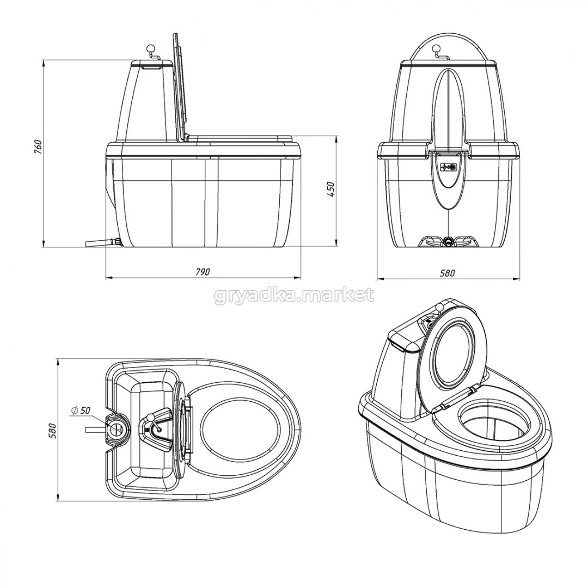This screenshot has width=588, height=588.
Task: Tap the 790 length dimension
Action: click(x=203, y=272)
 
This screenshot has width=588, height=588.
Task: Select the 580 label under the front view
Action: click(x=448, y=272)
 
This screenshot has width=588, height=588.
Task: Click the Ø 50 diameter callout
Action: click(x=80, y=411)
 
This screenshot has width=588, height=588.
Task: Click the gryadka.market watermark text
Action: click(x=294, y=296)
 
